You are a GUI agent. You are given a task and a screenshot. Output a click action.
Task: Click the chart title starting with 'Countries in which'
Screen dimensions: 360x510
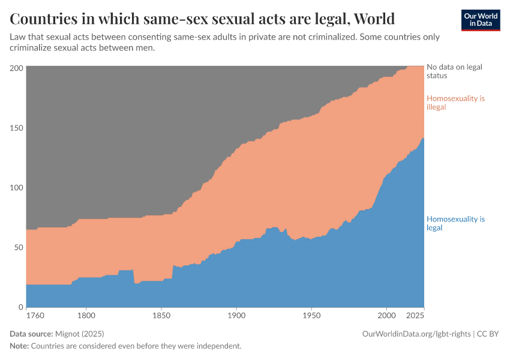click(202, 19)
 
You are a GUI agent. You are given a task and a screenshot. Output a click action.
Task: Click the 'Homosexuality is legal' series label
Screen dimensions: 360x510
click(455, 223)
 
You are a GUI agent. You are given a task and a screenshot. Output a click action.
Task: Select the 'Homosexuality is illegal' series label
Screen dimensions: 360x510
click(455, 103)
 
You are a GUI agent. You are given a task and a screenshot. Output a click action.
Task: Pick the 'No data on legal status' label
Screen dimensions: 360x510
click(454, 71)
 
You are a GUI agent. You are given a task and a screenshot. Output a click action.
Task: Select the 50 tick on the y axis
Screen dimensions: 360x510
click(18, 247)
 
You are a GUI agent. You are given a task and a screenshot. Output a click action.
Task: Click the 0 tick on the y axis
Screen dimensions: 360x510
click(20, 307)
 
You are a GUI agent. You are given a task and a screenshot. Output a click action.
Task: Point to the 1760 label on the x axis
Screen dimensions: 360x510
click(35, 315)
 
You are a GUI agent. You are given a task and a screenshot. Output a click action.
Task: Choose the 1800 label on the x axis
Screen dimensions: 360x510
click(86, 315)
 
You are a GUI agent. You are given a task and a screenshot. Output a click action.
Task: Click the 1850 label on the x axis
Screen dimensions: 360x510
click(161, 315)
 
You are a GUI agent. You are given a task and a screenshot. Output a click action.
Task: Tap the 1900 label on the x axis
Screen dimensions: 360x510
click(236, 315)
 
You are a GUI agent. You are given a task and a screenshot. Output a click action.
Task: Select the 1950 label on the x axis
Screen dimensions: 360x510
click(311, 315)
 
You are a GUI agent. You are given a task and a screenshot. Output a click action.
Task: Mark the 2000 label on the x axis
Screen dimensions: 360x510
click(386, 315)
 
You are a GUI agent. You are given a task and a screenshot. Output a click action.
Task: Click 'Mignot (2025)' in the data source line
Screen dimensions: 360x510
click(79, 334)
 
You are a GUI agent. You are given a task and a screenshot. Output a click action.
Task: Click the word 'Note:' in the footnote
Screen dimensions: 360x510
click(19, 346)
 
